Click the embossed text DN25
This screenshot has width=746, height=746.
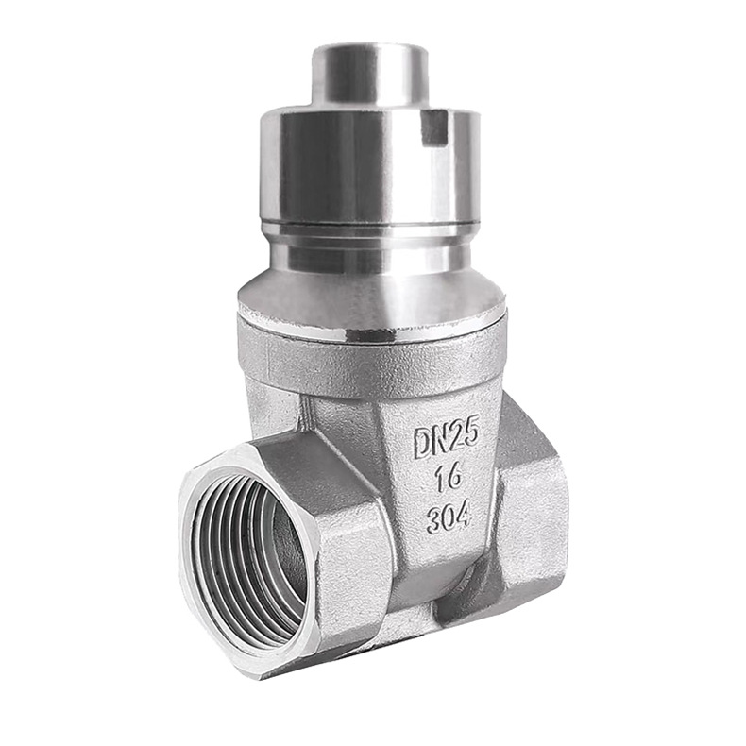(x=446, y=441)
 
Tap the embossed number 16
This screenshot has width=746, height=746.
(x=449, y=477)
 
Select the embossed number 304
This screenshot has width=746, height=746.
(x=449, y=516)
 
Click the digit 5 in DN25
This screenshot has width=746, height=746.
(x=469, y=435)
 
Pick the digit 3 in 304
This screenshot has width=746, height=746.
(x=432, y=518)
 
